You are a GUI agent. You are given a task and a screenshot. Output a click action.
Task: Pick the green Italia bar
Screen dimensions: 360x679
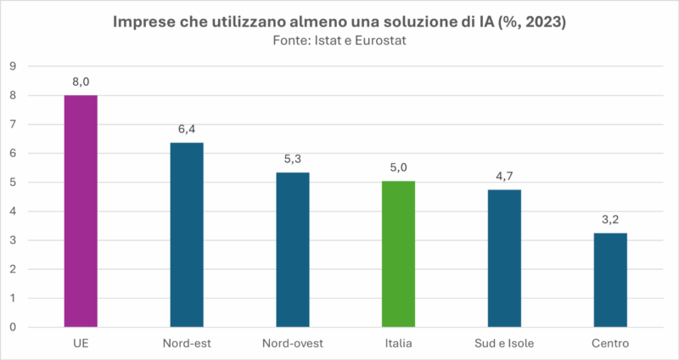click(x=398, y=254)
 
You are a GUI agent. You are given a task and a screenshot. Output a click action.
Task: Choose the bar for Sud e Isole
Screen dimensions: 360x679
click(x=504, y=258)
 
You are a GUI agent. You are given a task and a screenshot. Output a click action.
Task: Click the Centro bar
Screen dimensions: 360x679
click(x=610, y=280)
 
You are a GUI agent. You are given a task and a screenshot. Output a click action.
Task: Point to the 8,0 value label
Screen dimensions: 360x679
click(x=81, y=82)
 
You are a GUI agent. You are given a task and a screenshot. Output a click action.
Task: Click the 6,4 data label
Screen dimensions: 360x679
click(x=187, y=129)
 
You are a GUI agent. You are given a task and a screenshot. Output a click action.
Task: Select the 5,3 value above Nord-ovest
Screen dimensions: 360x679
click(x=293, y=159)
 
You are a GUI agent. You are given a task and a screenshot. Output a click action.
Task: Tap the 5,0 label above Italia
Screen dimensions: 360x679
click(x=398, y=168)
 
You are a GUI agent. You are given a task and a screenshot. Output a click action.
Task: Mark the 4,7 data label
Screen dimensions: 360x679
click(x=504, y=177)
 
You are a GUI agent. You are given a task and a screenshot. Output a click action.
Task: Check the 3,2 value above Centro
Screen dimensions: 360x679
click(x=610, y=220)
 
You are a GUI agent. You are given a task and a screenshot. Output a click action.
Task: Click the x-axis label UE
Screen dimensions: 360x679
click(x=81, y=343)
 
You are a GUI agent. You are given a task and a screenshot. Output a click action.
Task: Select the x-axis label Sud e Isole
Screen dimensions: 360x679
click(x=504, y=343)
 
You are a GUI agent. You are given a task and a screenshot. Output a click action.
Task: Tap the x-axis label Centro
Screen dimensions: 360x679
click(x=610, y=343)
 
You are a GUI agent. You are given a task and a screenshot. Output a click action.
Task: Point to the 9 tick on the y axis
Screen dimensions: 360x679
click(x=14, y=66)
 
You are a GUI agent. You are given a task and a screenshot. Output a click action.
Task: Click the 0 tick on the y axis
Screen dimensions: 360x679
click(x=14, y=327)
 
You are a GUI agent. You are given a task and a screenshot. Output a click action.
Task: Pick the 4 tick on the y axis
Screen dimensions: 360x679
click(x=14, y=211)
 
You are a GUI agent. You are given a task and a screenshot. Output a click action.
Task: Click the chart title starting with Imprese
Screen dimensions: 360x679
click(x=339, y=23)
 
